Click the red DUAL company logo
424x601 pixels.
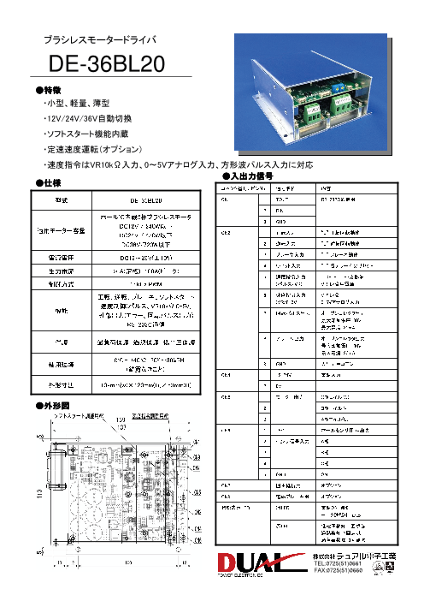coord(256,565)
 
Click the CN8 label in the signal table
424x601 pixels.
coord(226,494)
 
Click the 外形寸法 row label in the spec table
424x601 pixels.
coord(61,385)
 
